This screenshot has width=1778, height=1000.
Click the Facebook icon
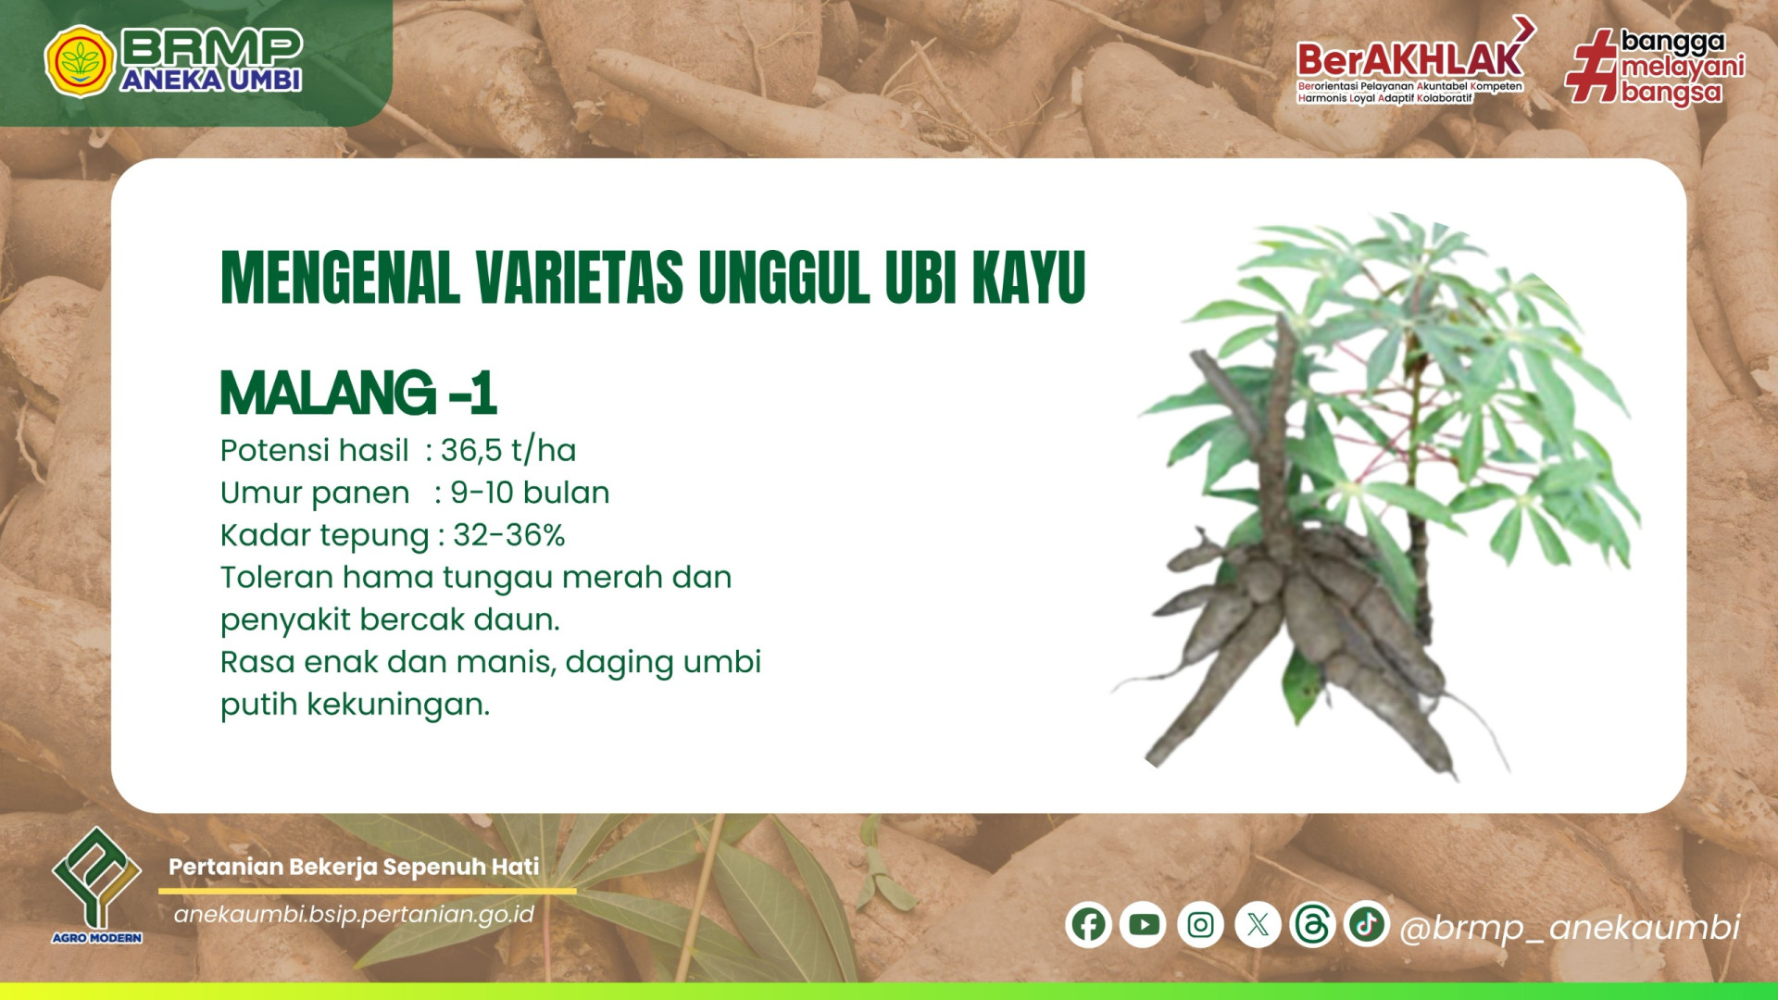1088,925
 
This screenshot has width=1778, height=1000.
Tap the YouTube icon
1144,925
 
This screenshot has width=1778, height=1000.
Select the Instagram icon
1200,925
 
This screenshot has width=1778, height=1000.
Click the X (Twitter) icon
1258,925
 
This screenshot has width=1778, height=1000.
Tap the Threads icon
1312,925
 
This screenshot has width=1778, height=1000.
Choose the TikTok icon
1367,924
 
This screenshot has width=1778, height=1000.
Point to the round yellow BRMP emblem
80,61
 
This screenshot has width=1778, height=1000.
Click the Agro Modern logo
97,885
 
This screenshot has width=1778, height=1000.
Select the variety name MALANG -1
358,393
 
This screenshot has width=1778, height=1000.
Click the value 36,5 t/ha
508,451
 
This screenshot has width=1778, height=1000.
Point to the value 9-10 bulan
530,493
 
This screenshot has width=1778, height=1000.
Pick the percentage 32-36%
508,535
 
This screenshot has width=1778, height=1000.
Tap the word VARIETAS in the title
580,277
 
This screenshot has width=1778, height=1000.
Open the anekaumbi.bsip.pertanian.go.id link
354,915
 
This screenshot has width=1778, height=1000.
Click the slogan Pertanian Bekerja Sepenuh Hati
354,867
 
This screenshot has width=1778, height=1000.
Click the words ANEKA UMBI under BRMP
211,81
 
